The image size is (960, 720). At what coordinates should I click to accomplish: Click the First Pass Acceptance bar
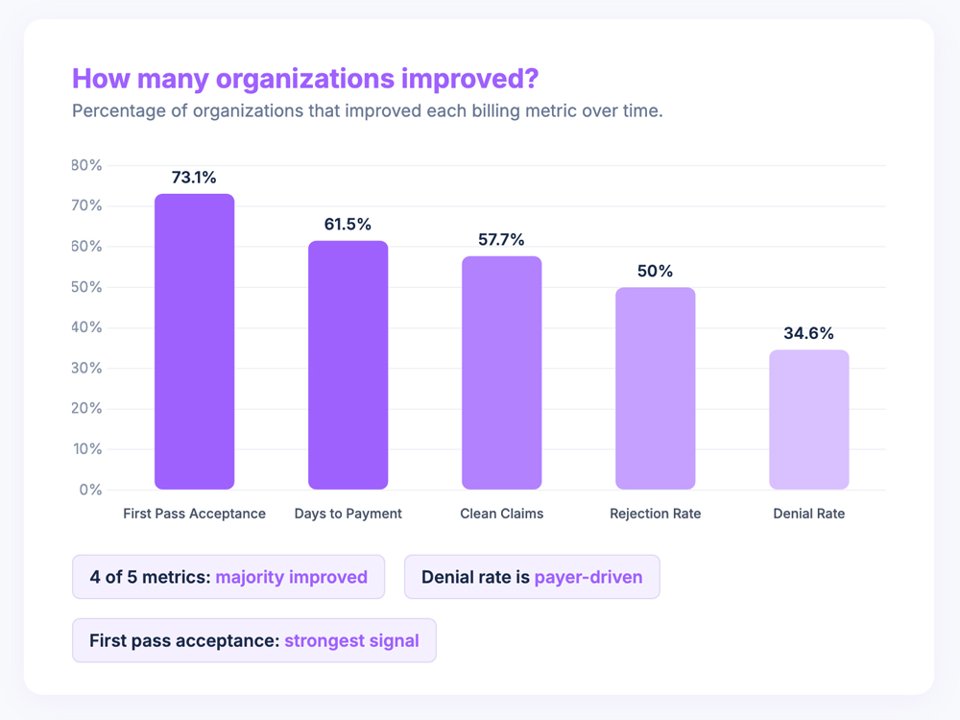point(194,342)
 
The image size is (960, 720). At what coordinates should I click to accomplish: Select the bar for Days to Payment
point(348,365)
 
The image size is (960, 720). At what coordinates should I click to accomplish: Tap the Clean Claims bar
point(501,372)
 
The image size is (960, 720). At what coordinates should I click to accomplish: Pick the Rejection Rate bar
point(655,388)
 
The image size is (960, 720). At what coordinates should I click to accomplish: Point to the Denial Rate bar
point(808,420)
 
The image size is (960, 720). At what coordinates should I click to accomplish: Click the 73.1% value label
point(194,178)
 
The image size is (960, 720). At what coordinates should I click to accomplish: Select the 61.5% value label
point(348,224)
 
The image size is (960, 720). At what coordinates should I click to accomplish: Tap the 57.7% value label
point(501,239)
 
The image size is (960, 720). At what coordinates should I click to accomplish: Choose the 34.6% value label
point(808,333)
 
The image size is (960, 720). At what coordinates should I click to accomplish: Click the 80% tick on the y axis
point(86,165)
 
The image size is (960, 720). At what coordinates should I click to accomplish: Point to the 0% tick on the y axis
point(90,490)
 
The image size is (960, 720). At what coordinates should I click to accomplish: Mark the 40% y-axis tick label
point(86,327)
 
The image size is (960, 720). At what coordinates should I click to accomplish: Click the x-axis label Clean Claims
point(501,514)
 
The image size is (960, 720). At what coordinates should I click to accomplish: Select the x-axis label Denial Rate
point(808,514)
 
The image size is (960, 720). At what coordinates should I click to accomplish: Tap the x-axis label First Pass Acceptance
point(194,514)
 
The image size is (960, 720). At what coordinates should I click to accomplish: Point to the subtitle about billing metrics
point(367,110)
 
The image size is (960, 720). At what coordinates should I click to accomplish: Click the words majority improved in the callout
point(291,577)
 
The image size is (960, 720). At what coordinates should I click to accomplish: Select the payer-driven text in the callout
point(588,577)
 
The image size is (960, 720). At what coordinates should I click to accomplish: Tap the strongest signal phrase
point(351,640)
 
